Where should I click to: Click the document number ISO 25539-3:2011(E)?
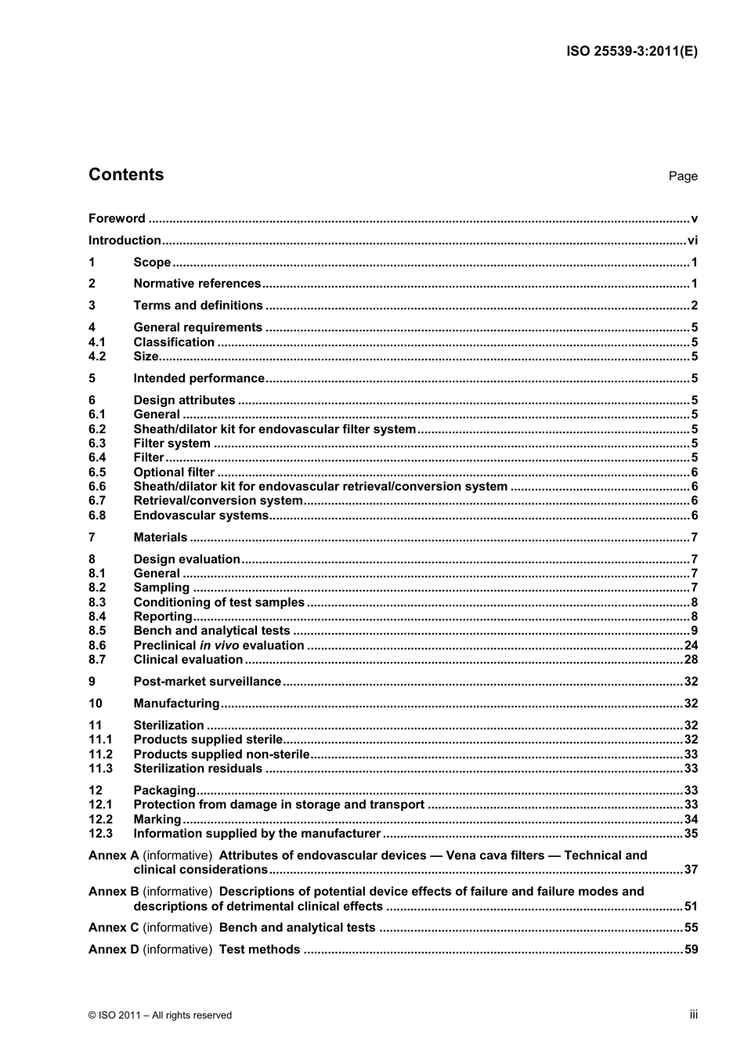(x=631, y=52)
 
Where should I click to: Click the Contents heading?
(x=126, y=175)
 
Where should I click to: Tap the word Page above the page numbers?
(x=683, y=176)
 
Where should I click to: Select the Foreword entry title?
(x=117, y=219)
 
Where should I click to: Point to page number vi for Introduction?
(x=692, y=241)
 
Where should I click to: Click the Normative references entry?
(x=197, y=284)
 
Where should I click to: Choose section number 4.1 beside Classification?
(x=97, y=342)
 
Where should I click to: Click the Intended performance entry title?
(x=199, y=378)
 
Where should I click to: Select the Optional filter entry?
(x=174, y=472)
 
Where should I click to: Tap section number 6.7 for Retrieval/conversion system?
(x=97, y=501)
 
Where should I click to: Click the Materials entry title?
(x=161, y=537)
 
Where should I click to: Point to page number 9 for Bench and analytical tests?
(x=694, y=631)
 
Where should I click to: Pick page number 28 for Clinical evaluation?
(x=691, y=660)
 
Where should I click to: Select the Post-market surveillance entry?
(x=207, y=682)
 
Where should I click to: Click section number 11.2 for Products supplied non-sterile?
(x=100, y=754)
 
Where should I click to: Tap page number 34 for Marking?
(x=691, y=820)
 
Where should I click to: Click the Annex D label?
(x=114, y=950)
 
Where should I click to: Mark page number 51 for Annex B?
(x=691, y=906)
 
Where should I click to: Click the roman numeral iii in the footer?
(x=693, y=1015)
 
